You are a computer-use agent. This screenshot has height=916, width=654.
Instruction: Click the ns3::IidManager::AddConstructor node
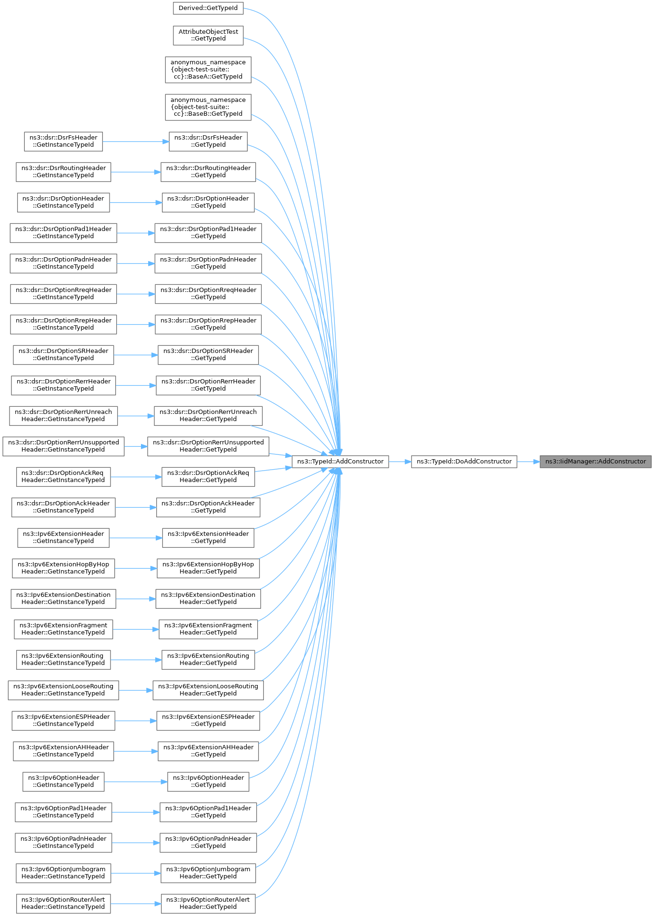click(595, 462)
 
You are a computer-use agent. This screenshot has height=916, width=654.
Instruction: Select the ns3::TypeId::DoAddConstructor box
click(464, 462)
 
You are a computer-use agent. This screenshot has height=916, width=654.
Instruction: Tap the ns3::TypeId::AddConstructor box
click(340, 462)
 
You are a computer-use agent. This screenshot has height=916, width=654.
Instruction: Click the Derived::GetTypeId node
click(208, 8)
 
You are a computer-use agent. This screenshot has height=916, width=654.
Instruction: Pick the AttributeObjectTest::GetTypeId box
click(208, 35)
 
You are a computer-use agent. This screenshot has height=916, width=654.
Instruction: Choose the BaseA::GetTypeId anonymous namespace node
click(208, 70)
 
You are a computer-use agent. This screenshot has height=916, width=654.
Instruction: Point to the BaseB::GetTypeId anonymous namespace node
click(208, 107)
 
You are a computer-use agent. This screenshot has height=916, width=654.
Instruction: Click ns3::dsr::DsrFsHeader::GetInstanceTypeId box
click(63, 141)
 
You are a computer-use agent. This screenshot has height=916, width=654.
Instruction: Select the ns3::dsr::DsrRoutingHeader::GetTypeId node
click(208, 172)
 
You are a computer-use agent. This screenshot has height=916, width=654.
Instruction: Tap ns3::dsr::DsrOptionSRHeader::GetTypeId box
click(208, 355)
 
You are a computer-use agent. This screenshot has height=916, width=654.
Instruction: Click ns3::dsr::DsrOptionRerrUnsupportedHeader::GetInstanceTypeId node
click(63, 446)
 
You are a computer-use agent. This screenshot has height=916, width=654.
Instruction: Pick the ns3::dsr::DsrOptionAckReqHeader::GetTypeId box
click(208, 477)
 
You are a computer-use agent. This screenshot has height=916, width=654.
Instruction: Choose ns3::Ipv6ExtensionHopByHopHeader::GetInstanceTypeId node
click(63, 568)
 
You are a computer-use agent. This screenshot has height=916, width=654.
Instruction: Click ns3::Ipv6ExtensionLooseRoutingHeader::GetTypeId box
click(208, 690)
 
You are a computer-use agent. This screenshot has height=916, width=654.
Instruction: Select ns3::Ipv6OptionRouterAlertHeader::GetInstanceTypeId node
click(63, 904)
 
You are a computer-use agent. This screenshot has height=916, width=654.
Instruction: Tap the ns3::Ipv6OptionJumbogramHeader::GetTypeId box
click(208, 873)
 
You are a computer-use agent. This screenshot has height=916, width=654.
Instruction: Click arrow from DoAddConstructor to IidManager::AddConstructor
click(528, 462)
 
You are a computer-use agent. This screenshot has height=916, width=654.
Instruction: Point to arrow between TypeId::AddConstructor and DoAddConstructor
click(400, 462)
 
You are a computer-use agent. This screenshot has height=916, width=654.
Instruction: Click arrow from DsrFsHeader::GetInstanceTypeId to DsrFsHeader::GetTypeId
click(136, 141)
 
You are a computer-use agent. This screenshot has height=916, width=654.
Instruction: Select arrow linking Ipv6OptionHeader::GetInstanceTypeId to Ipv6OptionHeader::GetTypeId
click(136, 782)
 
